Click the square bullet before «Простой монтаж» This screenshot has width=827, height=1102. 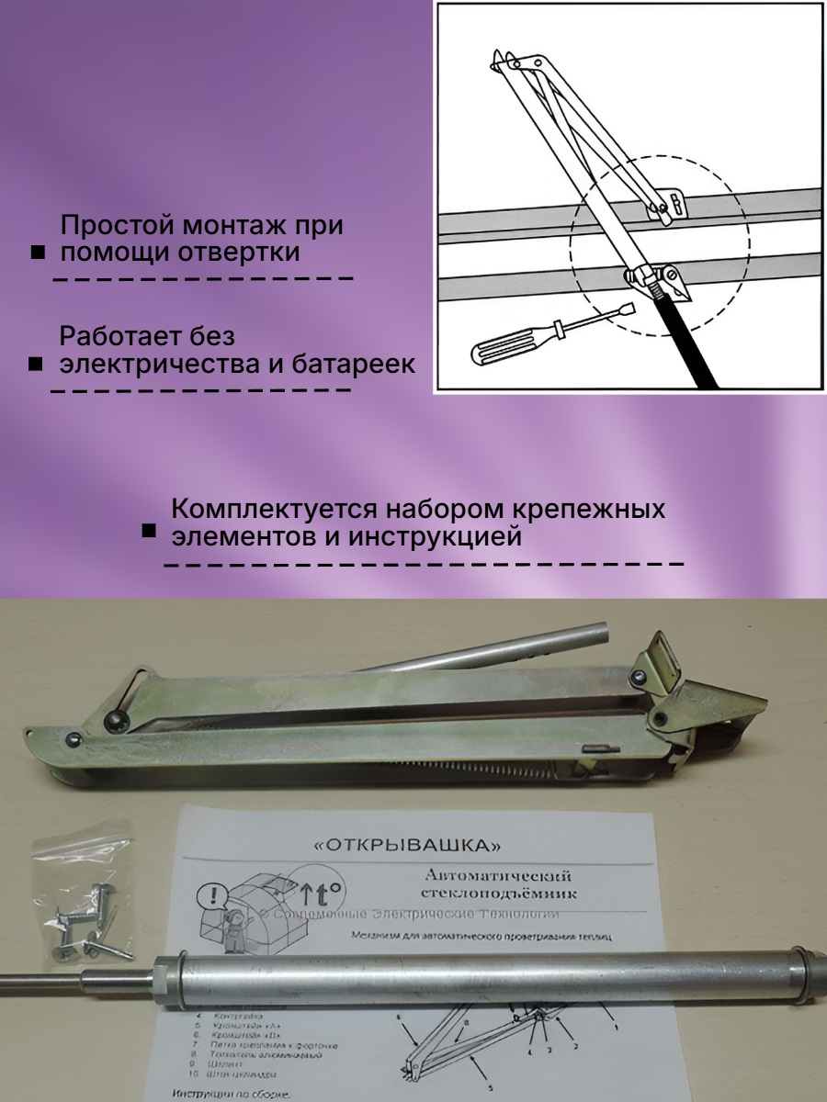tap(38, 253)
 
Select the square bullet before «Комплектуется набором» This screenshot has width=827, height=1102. tap(149, 532)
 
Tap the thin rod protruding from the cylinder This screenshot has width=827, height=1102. tap(74, 974)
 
